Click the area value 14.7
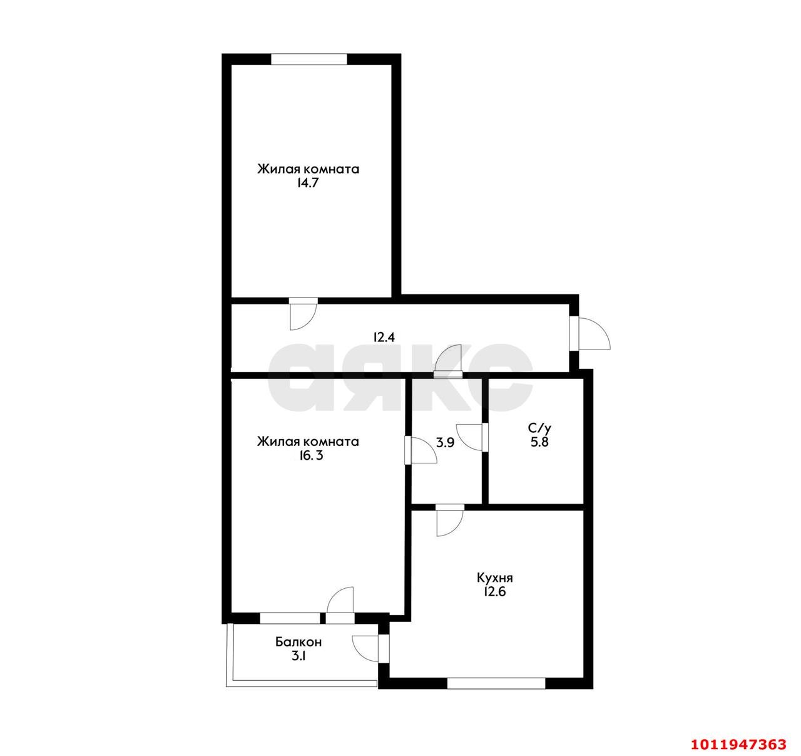pos(308,184)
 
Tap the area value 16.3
pos(307,456)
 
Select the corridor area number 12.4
pos(384,337)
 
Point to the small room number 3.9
pos(445,442)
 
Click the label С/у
pos(539,428)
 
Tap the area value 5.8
pos(539,442)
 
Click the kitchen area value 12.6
pos(494,591)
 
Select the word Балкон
pos(298,642)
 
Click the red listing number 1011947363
pos(738,744)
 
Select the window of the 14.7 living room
pos(309,59)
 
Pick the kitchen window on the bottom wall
pos(496,683)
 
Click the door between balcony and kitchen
pos(369,648)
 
